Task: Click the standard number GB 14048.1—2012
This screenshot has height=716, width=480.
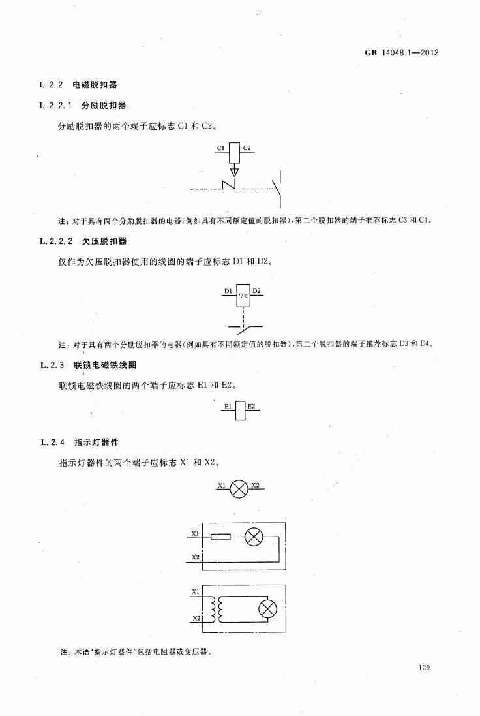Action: tap(402, 52)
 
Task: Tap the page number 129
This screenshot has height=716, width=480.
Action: tap(424, 668)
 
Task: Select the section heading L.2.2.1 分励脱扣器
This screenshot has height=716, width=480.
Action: tap(83, 106)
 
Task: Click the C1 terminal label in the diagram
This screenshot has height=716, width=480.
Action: tap(221, 148)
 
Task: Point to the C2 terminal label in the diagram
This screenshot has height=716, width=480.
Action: tap(247, 148)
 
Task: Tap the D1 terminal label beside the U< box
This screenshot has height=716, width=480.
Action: tap(228, 291)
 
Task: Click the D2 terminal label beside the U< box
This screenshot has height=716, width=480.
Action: tap(257, 291)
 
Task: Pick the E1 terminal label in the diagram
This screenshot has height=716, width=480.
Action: tap(228, 406)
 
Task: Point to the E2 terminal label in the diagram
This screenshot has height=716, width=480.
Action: tap(251, 406)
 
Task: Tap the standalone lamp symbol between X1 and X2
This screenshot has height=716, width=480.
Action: tap(239, 489)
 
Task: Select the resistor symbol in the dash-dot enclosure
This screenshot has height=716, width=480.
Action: tap(220, 537)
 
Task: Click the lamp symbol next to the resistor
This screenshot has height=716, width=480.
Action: tap(253, 537)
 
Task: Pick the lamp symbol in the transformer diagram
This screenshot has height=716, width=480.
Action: tap(267, 609)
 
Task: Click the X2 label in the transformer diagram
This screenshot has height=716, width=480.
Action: tap(196, 618)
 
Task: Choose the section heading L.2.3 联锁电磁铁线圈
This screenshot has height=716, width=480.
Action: tap(89, 366)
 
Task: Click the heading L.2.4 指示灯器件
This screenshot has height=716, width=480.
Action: tap(80, 442)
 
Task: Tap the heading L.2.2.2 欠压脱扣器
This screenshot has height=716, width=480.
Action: tap(83, 241)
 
